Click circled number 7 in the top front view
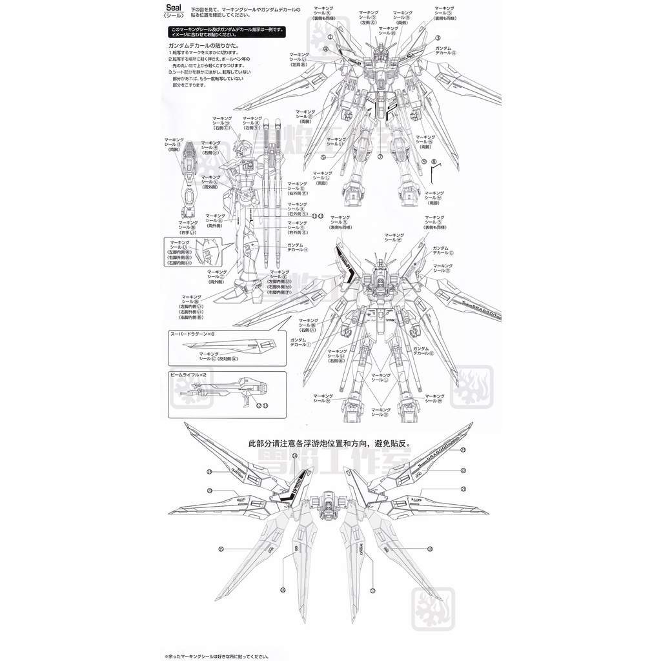[x=381, y=156]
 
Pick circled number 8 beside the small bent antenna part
[x=434, y=161]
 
